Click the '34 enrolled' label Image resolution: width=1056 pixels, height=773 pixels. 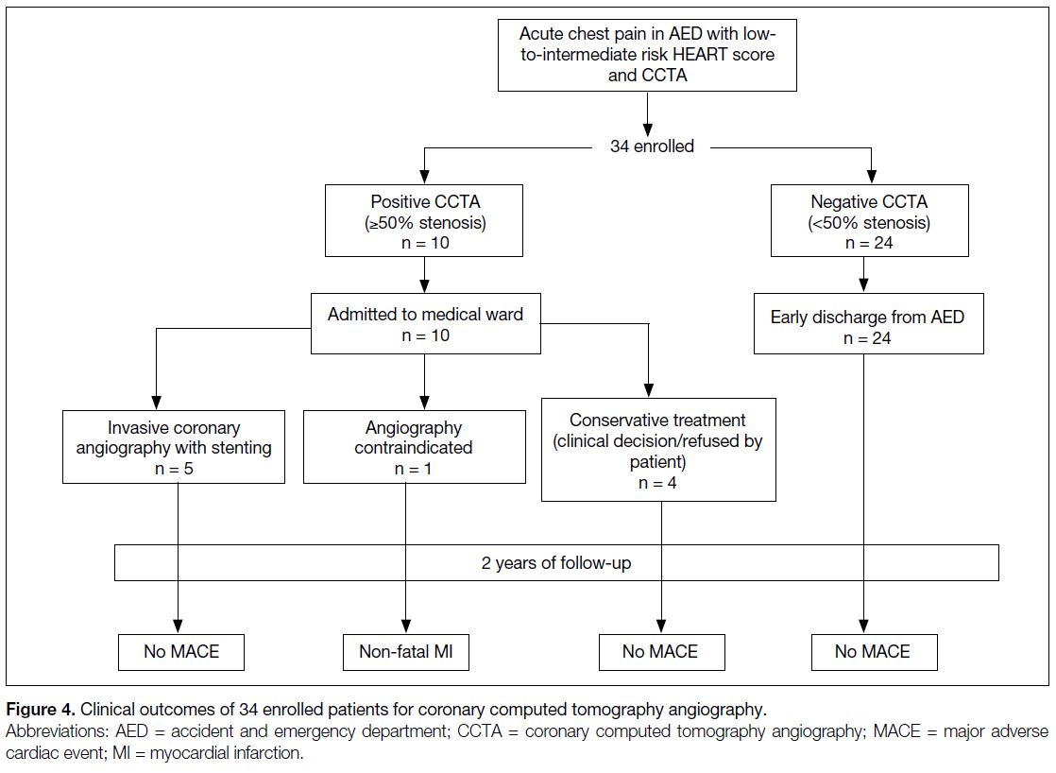[652, 146]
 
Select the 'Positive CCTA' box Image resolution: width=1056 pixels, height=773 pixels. [423, 220]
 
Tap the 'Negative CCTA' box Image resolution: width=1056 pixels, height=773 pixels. [869, 220]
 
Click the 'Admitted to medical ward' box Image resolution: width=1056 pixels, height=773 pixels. [426, 323]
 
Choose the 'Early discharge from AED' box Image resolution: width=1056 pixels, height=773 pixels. [868, 323]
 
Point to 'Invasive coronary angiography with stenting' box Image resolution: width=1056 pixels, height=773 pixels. [174, 447]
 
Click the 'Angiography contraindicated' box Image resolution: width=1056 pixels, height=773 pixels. [415, 447]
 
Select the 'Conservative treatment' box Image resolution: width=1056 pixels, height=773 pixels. [658, 450]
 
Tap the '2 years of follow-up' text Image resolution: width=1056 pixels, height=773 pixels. [556, 562]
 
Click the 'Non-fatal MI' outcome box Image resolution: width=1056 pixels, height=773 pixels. [406, 652]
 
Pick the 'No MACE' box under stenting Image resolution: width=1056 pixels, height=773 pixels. [181, 652]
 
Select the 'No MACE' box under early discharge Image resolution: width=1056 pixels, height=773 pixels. [874, 652]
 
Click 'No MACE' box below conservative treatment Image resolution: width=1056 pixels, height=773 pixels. [662, 652]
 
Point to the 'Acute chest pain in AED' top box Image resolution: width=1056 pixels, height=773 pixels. [647, 55]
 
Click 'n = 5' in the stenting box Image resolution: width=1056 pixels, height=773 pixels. [174, 469]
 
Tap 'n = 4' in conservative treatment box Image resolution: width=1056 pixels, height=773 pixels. [657, 483]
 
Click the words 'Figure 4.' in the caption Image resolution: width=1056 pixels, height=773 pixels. [40, 710]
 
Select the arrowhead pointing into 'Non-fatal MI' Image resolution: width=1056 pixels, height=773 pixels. [406, 626]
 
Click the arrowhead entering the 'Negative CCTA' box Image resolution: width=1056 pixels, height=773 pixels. [872, 176]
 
